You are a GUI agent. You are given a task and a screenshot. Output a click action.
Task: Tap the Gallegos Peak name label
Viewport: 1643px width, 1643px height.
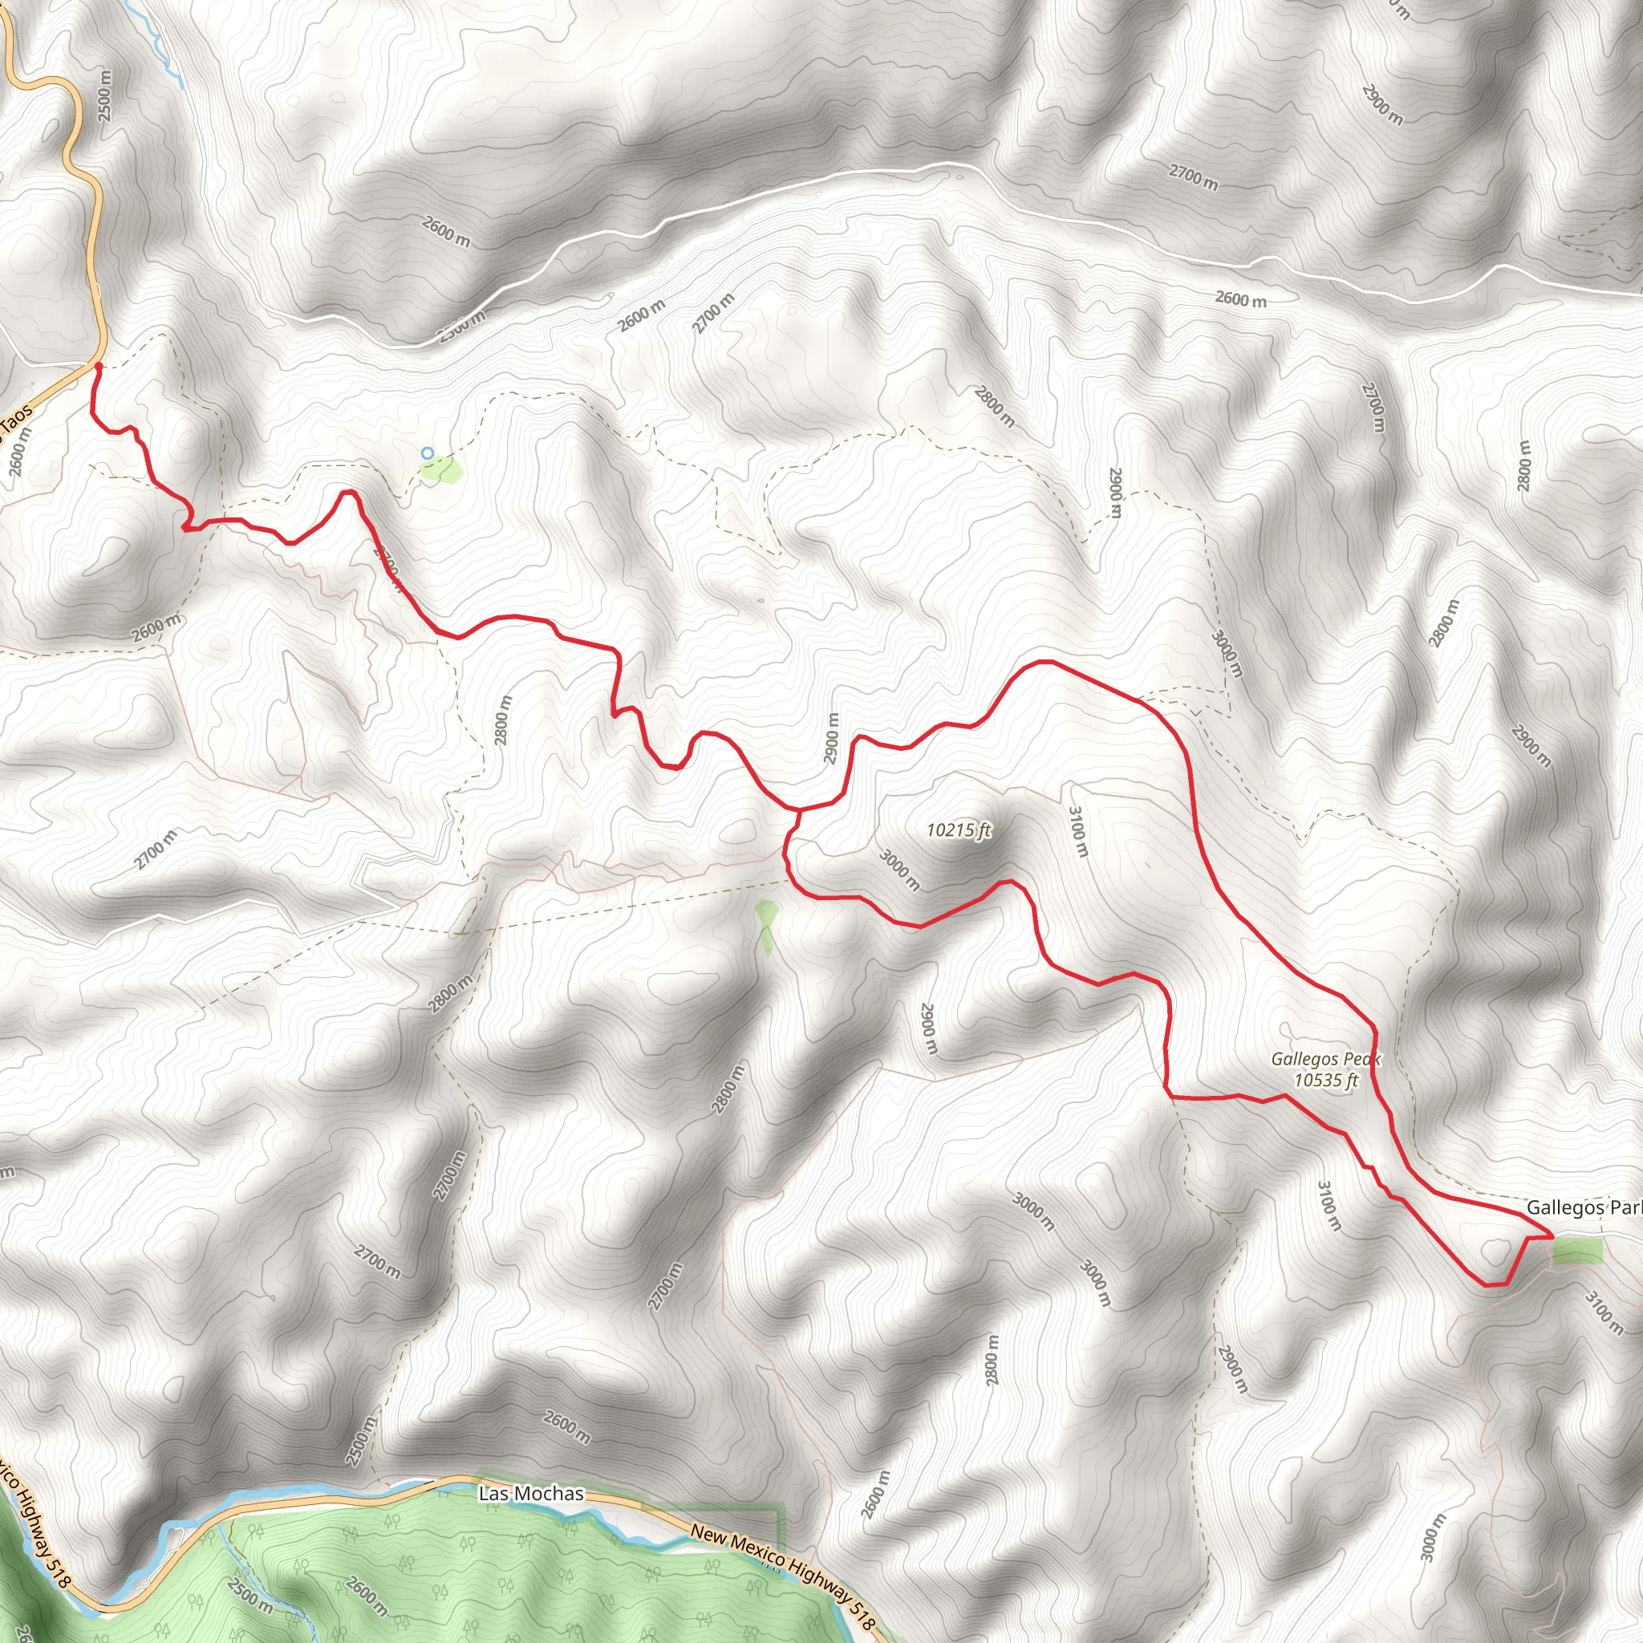(x=1325, y=1060)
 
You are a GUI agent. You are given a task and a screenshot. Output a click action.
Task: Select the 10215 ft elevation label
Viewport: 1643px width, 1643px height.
(x=959, y=830)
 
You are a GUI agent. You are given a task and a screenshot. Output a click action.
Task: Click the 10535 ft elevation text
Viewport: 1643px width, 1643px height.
(x=1326, y=1081)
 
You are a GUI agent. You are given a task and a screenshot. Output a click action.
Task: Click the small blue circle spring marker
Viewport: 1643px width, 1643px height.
(x=428, y=453)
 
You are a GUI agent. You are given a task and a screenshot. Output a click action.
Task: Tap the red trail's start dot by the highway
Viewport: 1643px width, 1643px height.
(x=98, y=366)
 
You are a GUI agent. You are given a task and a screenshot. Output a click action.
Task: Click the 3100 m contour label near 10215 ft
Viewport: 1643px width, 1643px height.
(x=1077, y=833)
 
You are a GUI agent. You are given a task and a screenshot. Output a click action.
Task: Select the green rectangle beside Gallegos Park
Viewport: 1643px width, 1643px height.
(x=1577, y=1251)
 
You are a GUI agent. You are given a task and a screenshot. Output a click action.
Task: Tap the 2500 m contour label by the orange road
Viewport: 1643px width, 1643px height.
(x=104, y=94)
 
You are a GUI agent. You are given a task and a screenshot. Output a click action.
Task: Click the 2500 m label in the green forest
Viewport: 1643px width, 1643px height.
(x=250, y=1596)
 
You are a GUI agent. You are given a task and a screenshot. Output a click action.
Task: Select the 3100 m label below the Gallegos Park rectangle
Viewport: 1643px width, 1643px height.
(x=1603, y=1313)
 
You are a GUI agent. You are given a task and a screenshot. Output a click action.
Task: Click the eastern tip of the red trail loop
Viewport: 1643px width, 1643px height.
(x=1553, y=1234)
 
